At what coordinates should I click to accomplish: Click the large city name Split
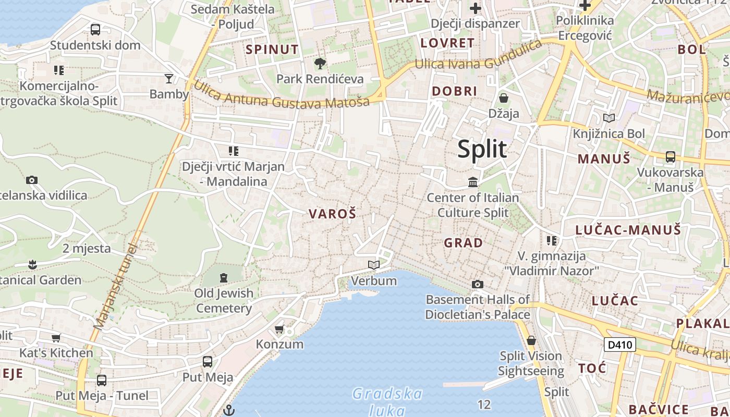(x=482, y=150)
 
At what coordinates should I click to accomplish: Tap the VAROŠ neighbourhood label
(x=332, y=214)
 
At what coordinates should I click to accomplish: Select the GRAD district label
(x=463, y=243)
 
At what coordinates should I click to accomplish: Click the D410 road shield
(x=620, y=345)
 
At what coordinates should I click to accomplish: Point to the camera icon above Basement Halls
(x=477, y=284)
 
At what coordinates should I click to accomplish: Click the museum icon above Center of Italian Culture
(x=473, y=182)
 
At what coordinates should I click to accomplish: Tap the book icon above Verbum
(x=373, y=265)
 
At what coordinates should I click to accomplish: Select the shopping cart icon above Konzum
(x=279, y=329)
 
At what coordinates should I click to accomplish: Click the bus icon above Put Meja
(x=207, y=361)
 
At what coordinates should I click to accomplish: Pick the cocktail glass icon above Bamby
(x=168, y=79)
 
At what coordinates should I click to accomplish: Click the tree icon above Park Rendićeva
(x=320, y=64)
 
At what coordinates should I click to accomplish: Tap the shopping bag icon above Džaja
(x=504, y=97)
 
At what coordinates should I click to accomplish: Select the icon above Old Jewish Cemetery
(x=224, y=277)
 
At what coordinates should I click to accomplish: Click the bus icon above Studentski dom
(x=95, y=30)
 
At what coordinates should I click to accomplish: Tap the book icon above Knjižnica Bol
(x=609, y=118)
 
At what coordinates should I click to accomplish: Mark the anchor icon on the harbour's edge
(x=228, y=410)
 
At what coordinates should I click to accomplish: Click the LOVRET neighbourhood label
(x=447, y=43)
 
